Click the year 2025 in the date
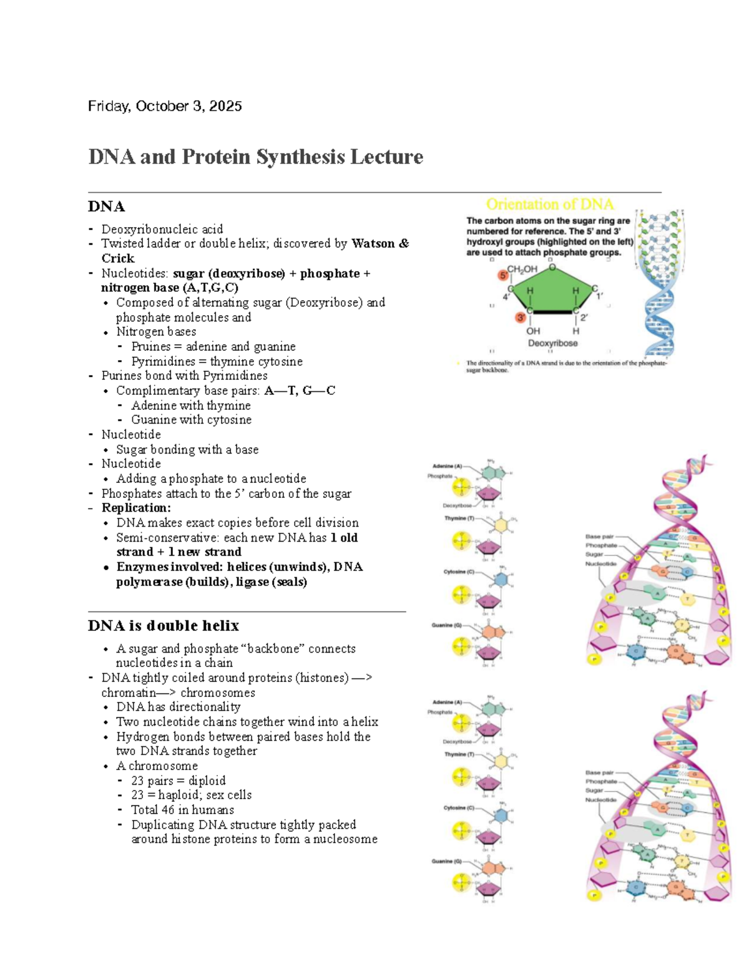coord(225,106)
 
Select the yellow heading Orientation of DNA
coord(549,205)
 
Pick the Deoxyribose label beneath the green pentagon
coord(552,343)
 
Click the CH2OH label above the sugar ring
coord(522,270)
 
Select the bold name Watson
coord(373,243)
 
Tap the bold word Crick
coord(118,258)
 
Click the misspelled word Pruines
coord(151,346)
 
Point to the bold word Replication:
coord(136,508)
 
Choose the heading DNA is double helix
coord(164,626)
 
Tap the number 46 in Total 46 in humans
coord(168,810)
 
